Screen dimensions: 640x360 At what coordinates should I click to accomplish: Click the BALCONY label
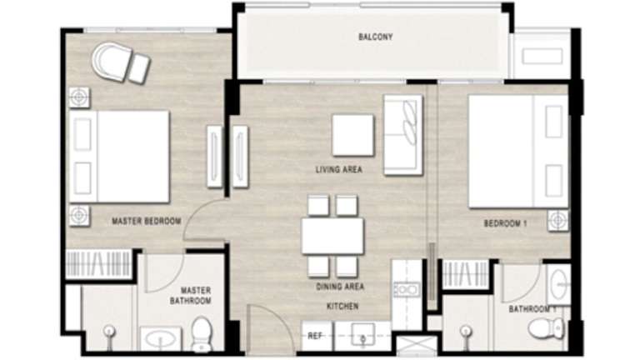point(376,37)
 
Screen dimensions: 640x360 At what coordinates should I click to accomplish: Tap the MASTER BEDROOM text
point(147,221)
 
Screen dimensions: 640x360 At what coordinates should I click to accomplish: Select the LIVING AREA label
point(339,169)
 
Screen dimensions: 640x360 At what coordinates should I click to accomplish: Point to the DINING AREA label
point(340,287)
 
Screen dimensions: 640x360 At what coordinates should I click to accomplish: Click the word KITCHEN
point(342,306)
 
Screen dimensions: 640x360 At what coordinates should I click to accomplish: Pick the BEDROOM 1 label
point(505,223)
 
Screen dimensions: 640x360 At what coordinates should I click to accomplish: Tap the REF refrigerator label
point(315,336)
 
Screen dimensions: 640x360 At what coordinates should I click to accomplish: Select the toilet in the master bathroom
point(202,334)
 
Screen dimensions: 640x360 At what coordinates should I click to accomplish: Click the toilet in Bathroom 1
point(547,327)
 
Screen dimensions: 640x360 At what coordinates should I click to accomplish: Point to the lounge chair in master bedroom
point(121,63)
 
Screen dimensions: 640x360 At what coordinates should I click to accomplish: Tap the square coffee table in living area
point(353,135)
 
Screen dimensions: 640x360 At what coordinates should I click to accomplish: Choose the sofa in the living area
point(402,135)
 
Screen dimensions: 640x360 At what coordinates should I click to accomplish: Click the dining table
point(332,237)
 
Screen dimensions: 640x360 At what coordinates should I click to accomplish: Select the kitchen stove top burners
point(407,289)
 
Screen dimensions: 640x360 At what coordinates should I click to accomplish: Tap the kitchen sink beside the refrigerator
point(362,334)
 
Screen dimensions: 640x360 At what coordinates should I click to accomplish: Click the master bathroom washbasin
point(161,339)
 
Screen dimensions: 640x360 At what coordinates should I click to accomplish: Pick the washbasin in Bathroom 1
point(558,284)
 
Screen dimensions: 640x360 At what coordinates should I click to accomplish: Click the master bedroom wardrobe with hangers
point(98,264)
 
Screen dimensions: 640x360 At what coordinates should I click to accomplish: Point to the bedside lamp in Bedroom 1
point(558,220)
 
